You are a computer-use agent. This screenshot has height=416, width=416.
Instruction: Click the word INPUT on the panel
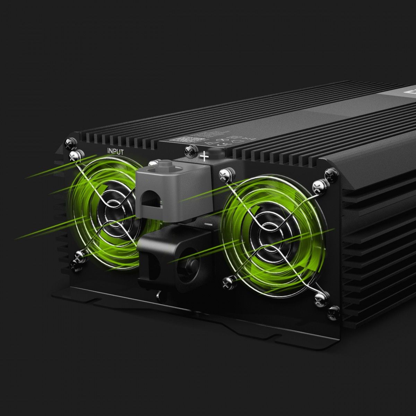click(115, 151)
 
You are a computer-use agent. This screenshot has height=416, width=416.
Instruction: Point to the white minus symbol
click(208, 225)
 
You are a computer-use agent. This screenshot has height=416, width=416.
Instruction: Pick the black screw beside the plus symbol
click(190, 150)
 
